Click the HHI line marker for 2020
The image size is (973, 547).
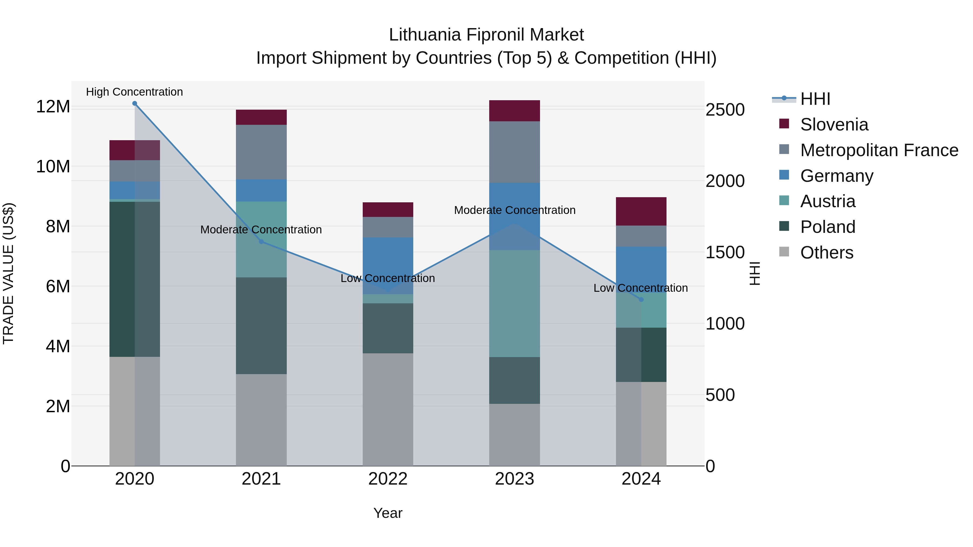tap(135, 103)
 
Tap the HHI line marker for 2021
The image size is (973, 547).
tap(261, 241)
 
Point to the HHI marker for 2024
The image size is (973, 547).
tap(641, 299)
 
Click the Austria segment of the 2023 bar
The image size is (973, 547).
tap(514, 304)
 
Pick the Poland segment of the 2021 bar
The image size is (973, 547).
tap(261, 326)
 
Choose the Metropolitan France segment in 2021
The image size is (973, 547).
tap(261, 152)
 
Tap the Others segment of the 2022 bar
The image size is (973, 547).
tap(388, 409)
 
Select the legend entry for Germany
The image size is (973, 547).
tap(837, 176)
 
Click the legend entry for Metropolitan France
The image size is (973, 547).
tap(879, 150)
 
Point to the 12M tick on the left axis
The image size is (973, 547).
tap(53, 107)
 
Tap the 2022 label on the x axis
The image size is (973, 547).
tap(388, 479)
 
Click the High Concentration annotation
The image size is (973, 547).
tap(135, 92)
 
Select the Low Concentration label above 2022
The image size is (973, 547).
tap(388, 278)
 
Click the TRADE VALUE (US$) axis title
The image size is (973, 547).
tap(9, 273)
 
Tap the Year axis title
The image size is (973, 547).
tap(388, 513)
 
